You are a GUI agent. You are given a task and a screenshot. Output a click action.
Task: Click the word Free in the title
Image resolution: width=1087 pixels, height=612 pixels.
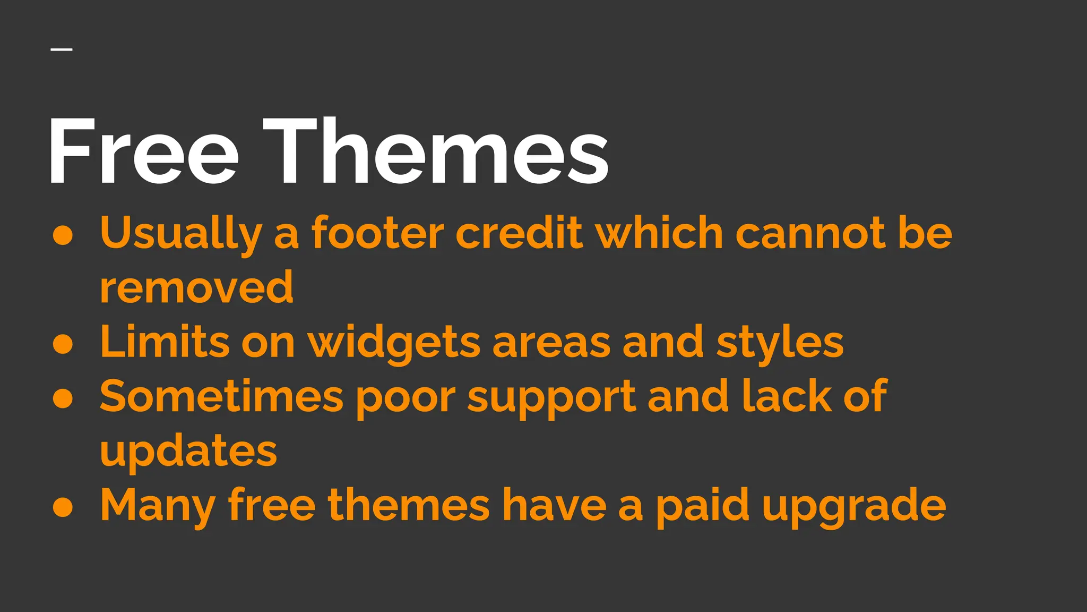[143, 151]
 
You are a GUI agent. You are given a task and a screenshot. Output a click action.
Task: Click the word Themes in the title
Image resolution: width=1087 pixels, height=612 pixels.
[435, 151]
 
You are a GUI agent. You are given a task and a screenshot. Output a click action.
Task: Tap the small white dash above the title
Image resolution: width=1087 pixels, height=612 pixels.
[62, 50]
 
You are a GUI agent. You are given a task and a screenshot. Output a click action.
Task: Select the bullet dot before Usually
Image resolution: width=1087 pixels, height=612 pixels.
[63, 236]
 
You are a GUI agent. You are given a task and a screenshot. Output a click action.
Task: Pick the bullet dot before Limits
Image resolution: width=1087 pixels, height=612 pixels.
[63, 344]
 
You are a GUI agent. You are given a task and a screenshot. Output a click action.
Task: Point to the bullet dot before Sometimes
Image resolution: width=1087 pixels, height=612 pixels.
[63, 398]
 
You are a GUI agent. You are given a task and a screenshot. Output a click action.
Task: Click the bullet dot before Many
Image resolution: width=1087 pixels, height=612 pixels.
[63, 507]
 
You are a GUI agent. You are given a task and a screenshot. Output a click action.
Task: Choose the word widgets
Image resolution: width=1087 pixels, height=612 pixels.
[394, 342]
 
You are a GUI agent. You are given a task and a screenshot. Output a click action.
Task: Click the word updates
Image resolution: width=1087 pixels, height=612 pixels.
[188, 452]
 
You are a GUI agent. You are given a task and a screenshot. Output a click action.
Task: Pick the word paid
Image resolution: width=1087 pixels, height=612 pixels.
[703, 506]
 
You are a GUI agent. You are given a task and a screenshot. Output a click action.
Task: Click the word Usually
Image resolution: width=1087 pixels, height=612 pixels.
[181, 234]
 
